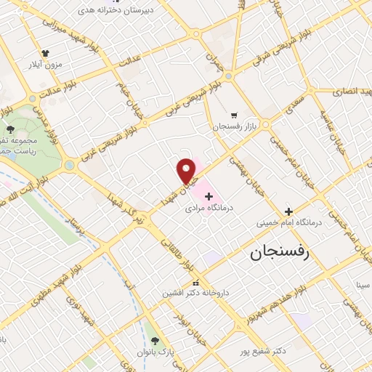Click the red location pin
pyautogui.click(x=187, y=170)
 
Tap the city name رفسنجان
pyautogui.click(x=280, y=252)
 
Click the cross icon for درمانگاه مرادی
pyautogui.click(x=209, y=196)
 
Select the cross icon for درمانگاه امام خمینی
pyautogui.click(x=289, y=211)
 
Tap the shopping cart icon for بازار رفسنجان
pyautogui.click(x=234, y=115)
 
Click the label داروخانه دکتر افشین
pyautogui.click(x=195, y=293)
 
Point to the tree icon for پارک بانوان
pyautogui.click(x=154, y=340)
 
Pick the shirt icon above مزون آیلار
pyautogui.click(x=46, y=53)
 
